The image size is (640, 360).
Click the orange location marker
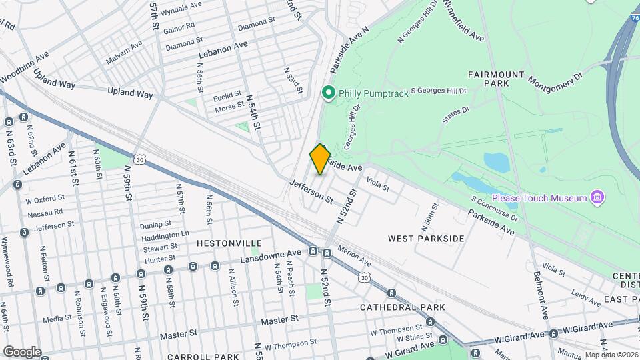320,159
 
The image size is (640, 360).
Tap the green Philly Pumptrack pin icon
327,93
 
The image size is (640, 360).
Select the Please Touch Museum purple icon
597,197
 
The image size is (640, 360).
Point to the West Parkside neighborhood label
426,238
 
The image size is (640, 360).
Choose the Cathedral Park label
402,307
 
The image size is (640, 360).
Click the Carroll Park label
203,357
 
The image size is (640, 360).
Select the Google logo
21,352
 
